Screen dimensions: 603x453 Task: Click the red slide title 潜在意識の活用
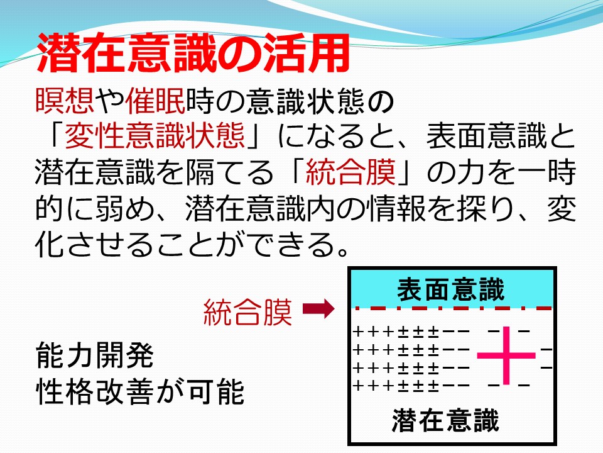(x=193, y=53)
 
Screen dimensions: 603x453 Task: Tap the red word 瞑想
(x=65, y=101)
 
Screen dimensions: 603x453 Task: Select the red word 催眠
(x=155, y=101)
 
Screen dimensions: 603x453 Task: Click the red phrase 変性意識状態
(x=155, y=136)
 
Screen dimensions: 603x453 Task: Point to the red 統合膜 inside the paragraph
(x=350, y=172)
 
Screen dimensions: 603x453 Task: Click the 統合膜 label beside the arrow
(x=247, y=311)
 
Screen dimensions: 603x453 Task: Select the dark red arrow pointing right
(x=318, y=309)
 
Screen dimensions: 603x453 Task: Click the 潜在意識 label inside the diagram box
(x=446, y=420)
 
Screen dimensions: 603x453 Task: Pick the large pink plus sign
(x=506, y=355)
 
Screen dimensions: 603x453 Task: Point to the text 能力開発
(x=95, y=355)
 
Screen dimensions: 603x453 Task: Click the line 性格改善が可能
(x=140, y=391)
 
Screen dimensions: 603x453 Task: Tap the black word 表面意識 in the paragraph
(x=486, y=136)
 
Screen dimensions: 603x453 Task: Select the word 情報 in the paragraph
(x=397, y=208)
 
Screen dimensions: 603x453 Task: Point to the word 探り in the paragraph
(x=486, y=208)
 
